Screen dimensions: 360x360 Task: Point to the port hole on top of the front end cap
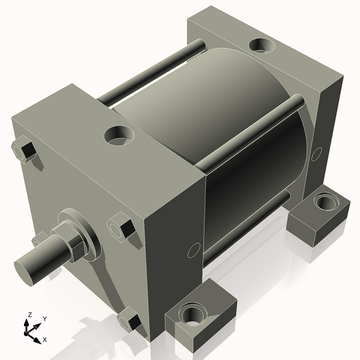(118, 135)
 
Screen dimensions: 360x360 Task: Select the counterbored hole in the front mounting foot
(193, 313)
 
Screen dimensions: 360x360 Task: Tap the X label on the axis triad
(45, 340)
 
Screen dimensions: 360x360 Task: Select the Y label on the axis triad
(45, 319)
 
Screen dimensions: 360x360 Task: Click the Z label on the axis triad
(29, 314)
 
